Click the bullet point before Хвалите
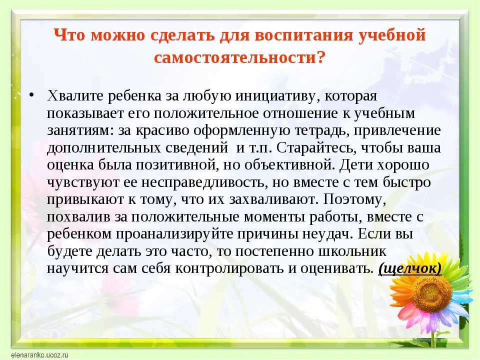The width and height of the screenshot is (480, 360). click(31, 95)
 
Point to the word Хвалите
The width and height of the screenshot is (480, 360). click(75, 96)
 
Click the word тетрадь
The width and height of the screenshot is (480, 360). click(322, 130)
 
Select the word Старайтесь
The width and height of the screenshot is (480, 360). click(316, 148)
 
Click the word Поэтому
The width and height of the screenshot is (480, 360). click(354, 199)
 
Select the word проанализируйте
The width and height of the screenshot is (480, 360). click(176, 234)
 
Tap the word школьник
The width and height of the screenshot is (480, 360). click(352, 251)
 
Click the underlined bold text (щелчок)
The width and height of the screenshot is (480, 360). click(410, 269)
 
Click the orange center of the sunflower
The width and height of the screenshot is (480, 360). click(431, 293)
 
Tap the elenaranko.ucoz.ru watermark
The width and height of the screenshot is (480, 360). click(39, 355)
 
